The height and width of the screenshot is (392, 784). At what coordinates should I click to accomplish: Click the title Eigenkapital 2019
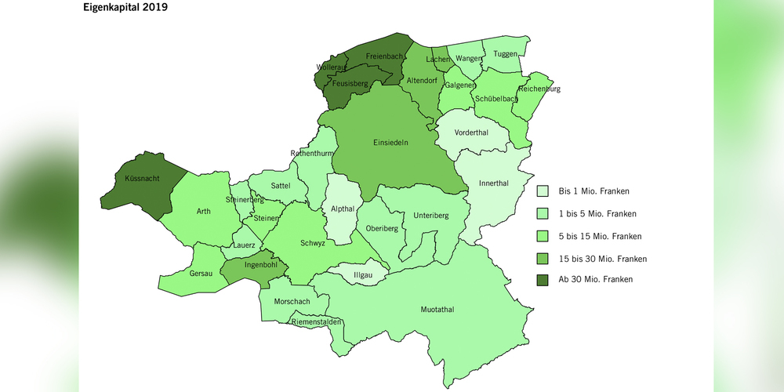(125, 9)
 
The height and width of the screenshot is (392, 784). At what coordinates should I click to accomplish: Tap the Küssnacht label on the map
(143, 180)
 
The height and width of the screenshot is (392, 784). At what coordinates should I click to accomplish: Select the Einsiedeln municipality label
(390, 143)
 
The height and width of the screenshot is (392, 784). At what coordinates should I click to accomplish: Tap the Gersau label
(201, 274)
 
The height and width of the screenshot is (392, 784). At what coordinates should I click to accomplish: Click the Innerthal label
(494, 183)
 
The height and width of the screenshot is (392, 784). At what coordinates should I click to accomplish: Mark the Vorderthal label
(471, 132)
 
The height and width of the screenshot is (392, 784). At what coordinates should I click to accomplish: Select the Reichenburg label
(539, 89)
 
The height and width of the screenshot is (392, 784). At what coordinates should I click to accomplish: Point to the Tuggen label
(506, 54)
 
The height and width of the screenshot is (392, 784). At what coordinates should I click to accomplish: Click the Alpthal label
(342, 209)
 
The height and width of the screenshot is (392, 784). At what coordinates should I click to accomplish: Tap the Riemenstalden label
(315, 321)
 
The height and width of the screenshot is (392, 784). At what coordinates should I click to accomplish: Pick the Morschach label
(291, 302)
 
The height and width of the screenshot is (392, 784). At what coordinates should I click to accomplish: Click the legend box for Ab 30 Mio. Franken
(543, 279)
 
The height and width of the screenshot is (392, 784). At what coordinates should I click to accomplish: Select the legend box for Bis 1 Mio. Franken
(543, 191)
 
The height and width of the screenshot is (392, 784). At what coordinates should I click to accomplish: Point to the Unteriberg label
(430, 216)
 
